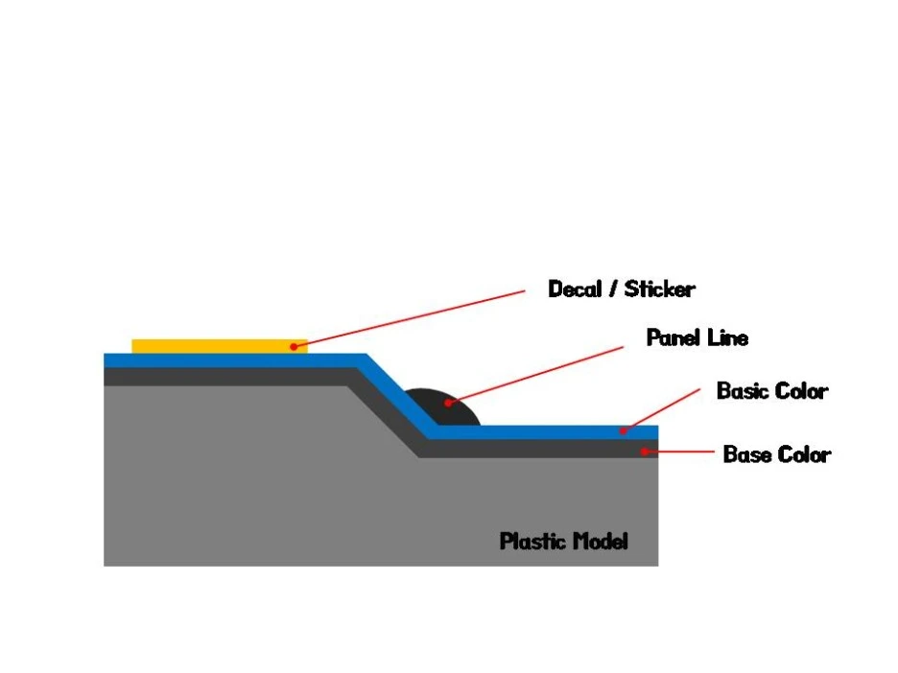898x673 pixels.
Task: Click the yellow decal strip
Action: [211, 345]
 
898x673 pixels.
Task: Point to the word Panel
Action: [673, 338]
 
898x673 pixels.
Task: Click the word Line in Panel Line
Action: [727, 338]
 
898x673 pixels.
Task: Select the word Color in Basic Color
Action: [802, 391]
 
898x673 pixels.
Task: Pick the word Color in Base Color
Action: [805, 454]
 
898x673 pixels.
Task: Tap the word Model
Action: [601, 542]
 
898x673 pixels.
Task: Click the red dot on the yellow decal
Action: [294, 346]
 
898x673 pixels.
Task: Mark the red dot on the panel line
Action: [448, 403]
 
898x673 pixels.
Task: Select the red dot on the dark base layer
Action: [645, 450]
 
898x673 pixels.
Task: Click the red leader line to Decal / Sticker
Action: [413, 317]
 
